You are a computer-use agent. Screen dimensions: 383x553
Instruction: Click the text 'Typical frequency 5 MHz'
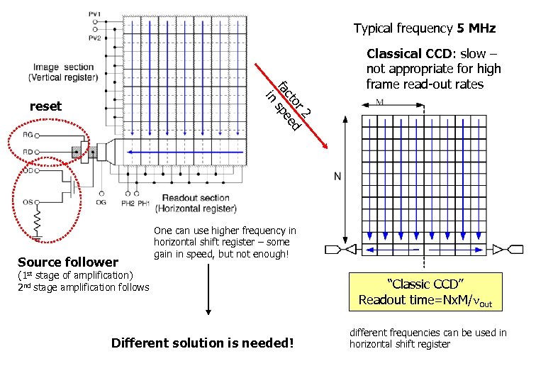424,29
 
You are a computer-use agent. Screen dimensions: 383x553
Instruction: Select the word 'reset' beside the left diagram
45,106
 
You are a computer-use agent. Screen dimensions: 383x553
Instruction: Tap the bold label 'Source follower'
67,262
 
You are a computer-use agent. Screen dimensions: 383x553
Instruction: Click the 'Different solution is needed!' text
202,343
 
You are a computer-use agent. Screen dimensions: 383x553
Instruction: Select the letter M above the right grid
380,102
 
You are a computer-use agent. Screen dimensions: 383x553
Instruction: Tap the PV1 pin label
94,14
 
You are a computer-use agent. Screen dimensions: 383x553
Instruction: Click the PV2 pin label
94,38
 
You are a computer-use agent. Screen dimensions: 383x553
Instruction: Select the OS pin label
28,202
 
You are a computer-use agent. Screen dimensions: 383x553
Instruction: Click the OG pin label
102,203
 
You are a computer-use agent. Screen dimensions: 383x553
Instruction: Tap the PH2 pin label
128,204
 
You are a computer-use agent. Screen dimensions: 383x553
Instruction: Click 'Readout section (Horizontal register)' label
195,203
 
